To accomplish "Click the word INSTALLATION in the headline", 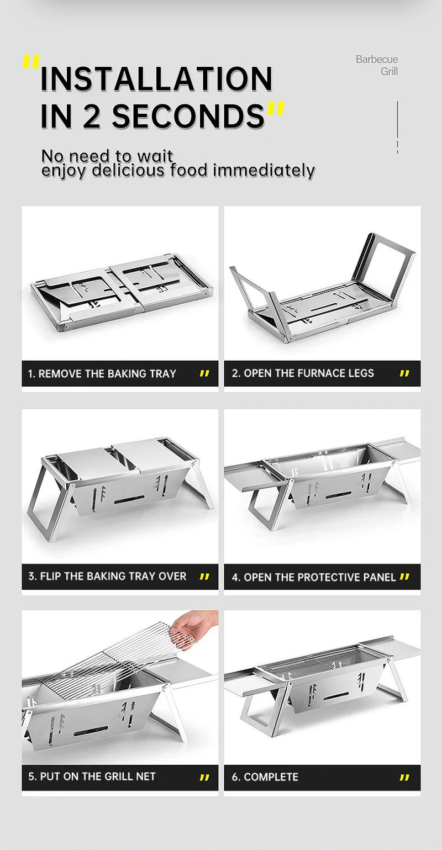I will coord(156,78).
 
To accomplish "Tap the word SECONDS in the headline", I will coord(188,116).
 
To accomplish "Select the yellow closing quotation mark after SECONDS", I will coord(275,109).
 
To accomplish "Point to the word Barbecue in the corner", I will coord(376,60).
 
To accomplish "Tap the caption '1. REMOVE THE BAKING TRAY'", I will coord(102,374).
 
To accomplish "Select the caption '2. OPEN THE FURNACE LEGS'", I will coord(303,373).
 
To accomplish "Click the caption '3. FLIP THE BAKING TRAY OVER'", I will coord(107,576).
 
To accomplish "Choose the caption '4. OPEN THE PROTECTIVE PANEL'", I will coord(314,577).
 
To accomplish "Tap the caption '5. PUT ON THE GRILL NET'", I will coord(92,777).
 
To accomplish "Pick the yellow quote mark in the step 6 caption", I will coord(404,778).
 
